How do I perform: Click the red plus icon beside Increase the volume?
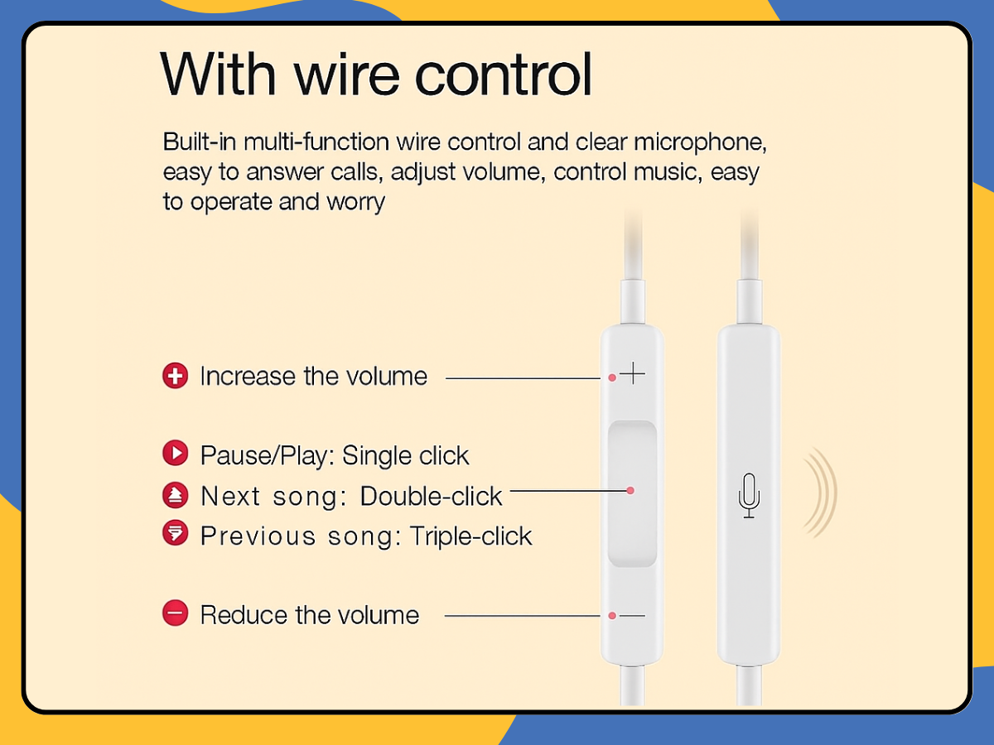pos(175,376)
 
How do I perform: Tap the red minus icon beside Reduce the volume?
pos(175,614)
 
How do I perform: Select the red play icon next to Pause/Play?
pos(175,454)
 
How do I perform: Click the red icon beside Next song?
pos(175,495)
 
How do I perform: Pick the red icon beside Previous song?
pos(175,534)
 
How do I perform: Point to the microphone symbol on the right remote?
pos(749,495)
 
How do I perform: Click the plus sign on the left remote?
pos(633,374)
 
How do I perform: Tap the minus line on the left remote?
pos(633,616)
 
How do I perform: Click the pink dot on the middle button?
pos(630,491)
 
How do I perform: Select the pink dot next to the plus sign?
pos(611,377)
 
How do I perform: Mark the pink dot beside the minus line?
pos(611,616)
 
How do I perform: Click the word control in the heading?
pos(504,74)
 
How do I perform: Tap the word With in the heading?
pos(217,74)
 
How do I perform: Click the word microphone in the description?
pos(700,142)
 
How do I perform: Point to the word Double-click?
pos(431,496)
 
